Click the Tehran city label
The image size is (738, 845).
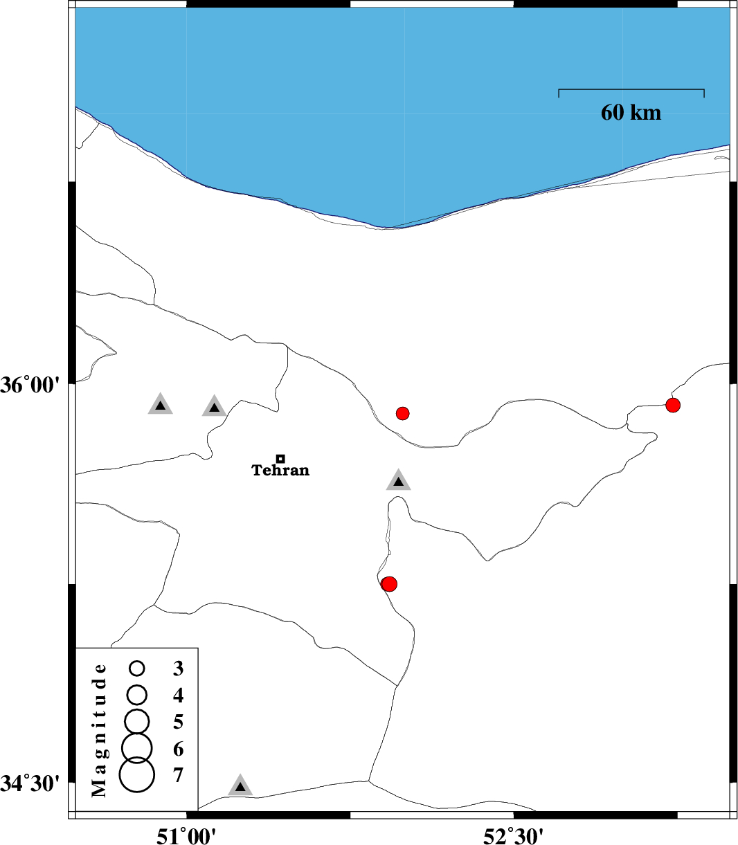click(x=280, y=471)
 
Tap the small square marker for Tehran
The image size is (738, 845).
click(x=280, y=458)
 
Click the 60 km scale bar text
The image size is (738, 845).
click(x=631, y=113)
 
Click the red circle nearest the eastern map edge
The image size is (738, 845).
click(x=673, y=405)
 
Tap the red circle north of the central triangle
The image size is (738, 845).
click(x=403, y=413)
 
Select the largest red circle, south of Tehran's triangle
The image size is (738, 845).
click(x=389, y=583)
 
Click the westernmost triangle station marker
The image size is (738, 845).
click(x=161, y=405)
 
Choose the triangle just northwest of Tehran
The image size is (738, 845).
click(x=215, y=407)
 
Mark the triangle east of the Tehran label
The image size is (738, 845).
click(x=399, y=481)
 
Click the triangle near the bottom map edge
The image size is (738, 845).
click(x=240, y=785)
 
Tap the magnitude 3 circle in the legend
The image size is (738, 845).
click(x=137, y=668)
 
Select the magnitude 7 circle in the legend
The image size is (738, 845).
click(x=137, y=774)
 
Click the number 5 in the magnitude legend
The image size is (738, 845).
click(x=179, y=722)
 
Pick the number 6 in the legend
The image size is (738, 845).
click(x=179, y=749)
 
